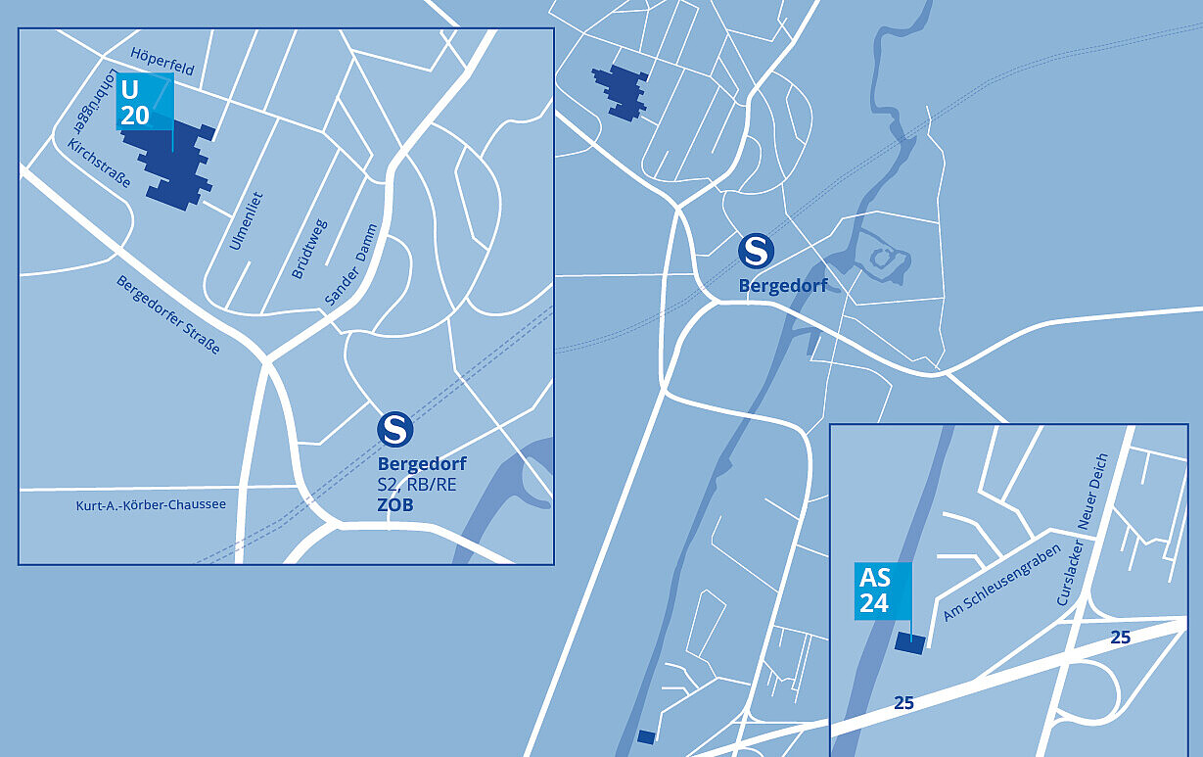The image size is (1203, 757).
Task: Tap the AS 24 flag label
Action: [x=884, y=591]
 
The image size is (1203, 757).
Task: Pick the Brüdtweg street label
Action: [x=309, y=249]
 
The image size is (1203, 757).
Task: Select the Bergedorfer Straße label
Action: [x=168, y=313]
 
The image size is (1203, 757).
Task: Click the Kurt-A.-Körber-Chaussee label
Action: [x=151, y=505]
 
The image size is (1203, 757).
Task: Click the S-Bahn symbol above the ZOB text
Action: [x=395, y=429]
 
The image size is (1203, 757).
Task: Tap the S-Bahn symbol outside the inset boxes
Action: [x=756, y=251]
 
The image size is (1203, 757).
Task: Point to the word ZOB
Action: [x=395, y=505]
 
